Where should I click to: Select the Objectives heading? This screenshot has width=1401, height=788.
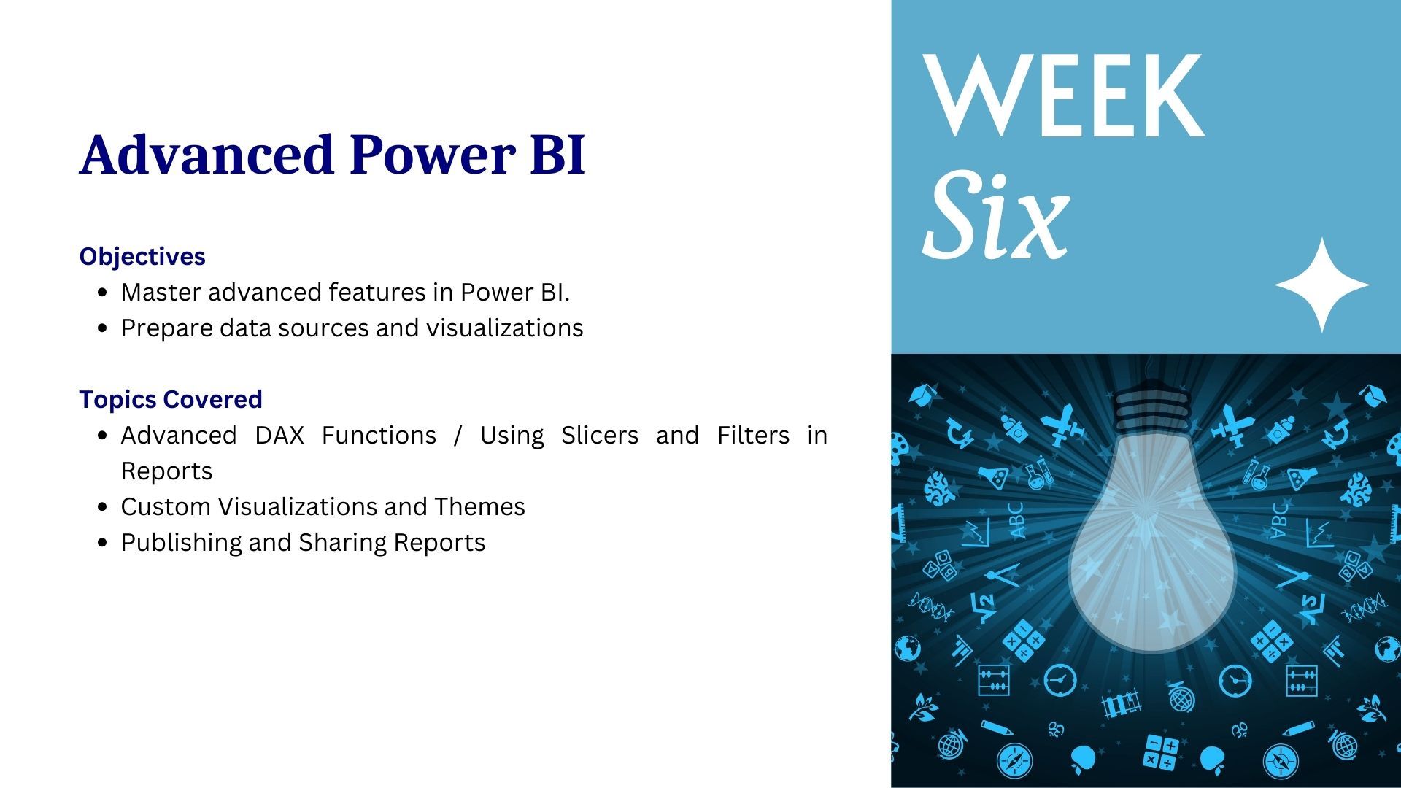(x=142, y=256)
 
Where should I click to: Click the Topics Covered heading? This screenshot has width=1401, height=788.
(x=171, y=399)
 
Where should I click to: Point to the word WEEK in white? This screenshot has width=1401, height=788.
(x=1063, y=95)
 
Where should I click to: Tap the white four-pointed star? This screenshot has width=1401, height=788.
(x=1322, y=285)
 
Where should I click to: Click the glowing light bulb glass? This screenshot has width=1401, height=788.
(x=1151, y=540)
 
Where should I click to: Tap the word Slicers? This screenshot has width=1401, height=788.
(x=600, y=435)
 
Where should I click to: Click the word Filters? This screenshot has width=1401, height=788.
(x=753, y=435)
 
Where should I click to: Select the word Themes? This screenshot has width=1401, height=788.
(x=479, y=506)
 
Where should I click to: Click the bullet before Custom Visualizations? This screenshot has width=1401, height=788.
(x=103, y=507)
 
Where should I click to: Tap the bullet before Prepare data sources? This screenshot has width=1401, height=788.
(x=103, y=328)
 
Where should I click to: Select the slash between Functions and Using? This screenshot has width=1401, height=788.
(x=458, y=436)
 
